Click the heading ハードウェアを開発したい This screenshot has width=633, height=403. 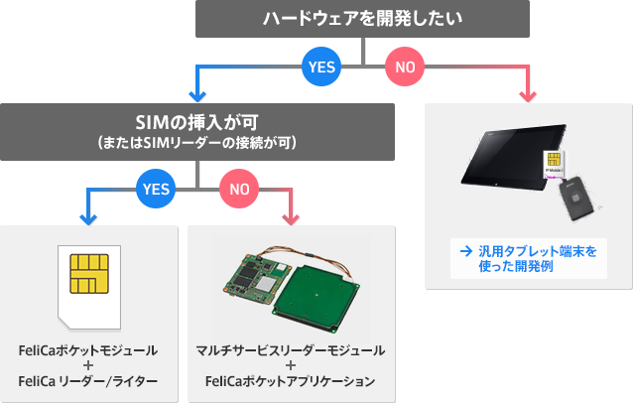point(364,19)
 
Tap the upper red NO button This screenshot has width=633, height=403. point(405,67)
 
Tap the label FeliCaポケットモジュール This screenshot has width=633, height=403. point(87,351)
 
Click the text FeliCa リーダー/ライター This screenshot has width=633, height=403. point(87,381)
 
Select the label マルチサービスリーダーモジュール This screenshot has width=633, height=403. point(291,351)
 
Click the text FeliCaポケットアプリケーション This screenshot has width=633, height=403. point(291,381)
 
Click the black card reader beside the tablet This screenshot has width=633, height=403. point(578,202)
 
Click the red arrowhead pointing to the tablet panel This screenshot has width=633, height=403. point(531,97)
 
